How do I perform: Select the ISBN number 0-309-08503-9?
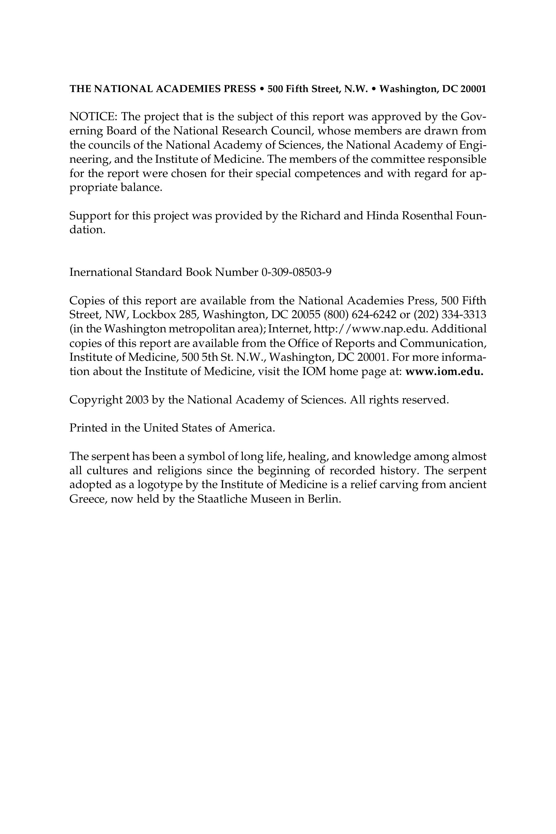click(x=296, y=272)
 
